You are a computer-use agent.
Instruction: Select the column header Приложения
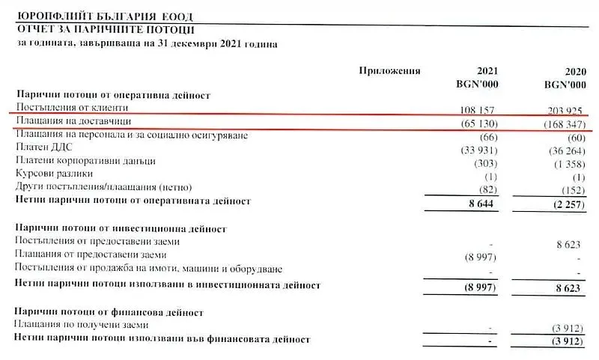pos(389,71)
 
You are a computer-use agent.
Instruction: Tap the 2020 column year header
pos(570,71)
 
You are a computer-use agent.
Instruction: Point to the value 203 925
pos(563,110)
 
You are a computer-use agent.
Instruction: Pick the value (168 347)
pos(562,123)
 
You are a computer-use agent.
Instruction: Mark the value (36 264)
pos(563,150)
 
